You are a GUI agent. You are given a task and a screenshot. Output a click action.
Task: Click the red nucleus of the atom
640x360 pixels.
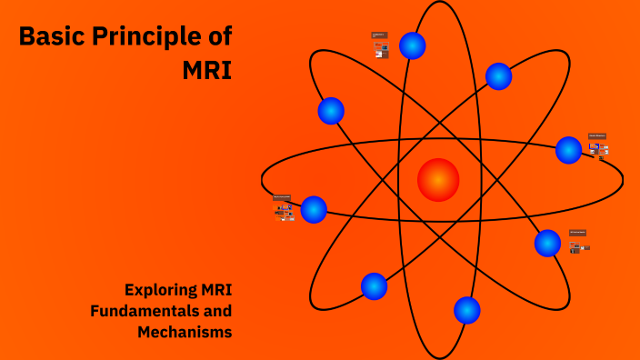point(438,179)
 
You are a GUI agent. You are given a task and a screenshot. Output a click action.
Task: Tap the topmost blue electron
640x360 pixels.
point(413,45)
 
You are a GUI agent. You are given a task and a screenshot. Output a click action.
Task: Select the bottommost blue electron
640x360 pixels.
point(466,310)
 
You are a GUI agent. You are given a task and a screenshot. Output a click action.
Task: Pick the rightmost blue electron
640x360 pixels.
point(568,150)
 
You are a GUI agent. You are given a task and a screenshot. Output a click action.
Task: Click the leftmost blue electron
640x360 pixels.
point(314,209)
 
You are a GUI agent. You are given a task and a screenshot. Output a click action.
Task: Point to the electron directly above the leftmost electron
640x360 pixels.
point(331,111)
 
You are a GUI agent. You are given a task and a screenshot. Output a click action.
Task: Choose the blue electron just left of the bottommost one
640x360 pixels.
point(374,286)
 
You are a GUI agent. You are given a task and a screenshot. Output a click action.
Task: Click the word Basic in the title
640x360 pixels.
point(51,37)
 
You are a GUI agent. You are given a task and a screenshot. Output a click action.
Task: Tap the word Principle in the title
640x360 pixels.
point(145,37)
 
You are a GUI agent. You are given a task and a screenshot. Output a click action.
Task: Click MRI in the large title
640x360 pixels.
point(206,70)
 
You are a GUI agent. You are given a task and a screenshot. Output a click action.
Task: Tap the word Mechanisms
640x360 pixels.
point(185,332)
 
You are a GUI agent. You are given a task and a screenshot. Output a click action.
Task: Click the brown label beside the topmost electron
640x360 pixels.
point(379,35)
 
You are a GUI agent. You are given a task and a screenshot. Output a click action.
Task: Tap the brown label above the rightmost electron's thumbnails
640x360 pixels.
point(596,136)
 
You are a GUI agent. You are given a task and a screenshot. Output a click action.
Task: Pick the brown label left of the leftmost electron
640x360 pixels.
point(282,197)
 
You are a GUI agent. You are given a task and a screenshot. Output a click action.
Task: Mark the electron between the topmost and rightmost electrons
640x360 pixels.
point(498,76)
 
